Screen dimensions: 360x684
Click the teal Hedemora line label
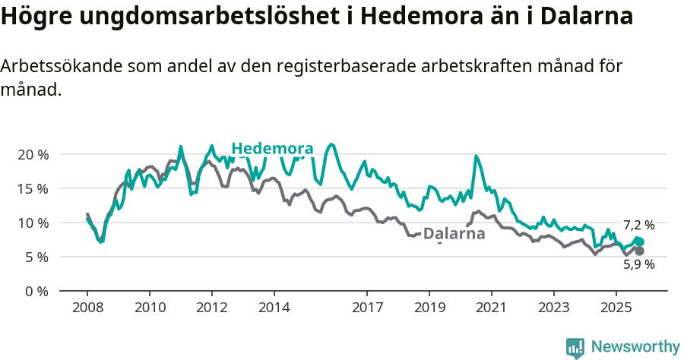(272, 148)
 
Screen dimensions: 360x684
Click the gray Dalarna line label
(454, 234)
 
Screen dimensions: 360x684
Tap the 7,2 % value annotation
(638, 225)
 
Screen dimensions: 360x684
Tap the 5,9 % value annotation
(638, 264)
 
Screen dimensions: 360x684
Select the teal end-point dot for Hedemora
(640, 242)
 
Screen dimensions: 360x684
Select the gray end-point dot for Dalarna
(639, 251)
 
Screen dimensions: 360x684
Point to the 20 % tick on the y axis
(33, 154)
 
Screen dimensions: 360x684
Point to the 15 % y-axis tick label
(33, 188)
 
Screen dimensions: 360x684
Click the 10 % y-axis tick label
(33, 223)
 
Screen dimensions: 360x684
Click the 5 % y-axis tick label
(36, 257)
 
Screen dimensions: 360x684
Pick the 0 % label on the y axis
(36, 291)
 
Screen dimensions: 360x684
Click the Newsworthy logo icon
(575, 348)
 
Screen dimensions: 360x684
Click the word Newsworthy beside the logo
(635, 347)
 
